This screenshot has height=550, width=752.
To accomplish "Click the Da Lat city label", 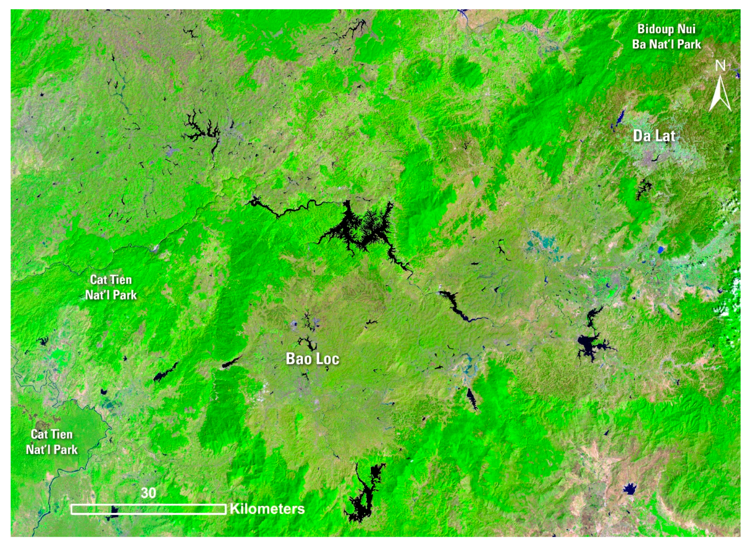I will pos(654,136).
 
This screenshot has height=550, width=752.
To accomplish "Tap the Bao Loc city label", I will pos(312,359).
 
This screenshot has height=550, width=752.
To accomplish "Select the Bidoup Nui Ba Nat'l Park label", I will pos(666,36).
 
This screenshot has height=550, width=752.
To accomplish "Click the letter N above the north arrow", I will pos(720,66).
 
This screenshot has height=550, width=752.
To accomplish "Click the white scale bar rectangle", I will pos(148,509).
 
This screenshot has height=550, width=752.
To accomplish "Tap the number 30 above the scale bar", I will pos(148,493).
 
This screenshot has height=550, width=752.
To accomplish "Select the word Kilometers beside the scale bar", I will pos(267,509).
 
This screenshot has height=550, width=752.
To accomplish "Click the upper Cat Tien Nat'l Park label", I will pos(111,287).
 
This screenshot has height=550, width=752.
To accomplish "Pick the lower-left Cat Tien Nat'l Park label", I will pos(52,442).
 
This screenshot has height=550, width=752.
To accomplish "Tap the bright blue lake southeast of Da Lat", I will pos(660,249).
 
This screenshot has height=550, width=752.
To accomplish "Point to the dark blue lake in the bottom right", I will pos(629,489).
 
